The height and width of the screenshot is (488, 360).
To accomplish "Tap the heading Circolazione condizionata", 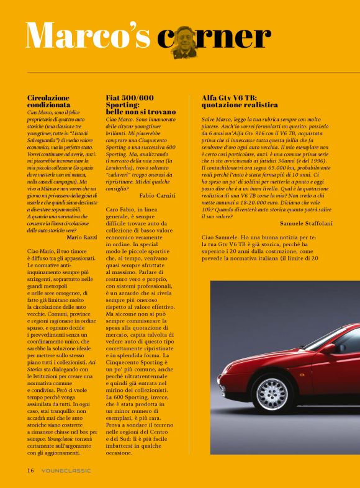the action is tap(52, 102).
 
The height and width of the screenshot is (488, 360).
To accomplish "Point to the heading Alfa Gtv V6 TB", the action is tap(229, 98).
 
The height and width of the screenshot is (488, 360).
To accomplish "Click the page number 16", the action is tap(30, 470).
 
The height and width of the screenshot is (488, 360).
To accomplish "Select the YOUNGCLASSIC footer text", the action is tap(66, 470).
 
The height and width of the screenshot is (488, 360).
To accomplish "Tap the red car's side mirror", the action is tap(328, 348).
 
